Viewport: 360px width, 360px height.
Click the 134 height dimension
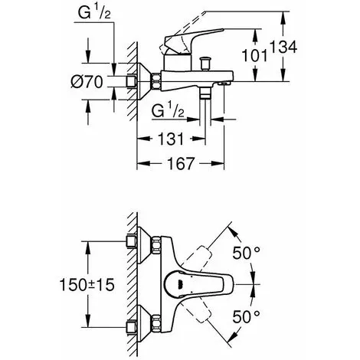[x=283, y=47]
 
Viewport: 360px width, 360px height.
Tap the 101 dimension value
[x=254, y=55]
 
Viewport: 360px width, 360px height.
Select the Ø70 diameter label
[x=87, y=82]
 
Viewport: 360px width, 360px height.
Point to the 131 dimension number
[x=171, y=139]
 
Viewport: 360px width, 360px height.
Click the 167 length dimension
[x=181, y=163]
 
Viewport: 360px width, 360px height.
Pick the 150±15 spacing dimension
[x=87, y=285]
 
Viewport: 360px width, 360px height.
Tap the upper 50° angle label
[x=246, y=253]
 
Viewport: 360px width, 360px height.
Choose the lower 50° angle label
[x=246, y=317]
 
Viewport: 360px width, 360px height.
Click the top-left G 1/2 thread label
[x=94, y=13]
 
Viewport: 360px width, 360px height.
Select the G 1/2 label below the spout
[x=168, y=111]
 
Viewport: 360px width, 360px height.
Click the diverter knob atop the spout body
[x=205, y=64]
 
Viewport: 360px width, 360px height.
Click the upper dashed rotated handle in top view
[x=198, y=257]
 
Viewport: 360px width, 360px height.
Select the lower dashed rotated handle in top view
[x=198, y=312]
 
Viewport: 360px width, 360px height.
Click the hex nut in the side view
[x=156, y=81]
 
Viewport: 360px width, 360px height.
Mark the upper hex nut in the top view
[x=156, y=245]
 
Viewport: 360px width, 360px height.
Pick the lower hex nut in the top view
[x=156, y=323]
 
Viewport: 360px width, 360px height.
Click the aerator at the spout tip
[x=224, y=83]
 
